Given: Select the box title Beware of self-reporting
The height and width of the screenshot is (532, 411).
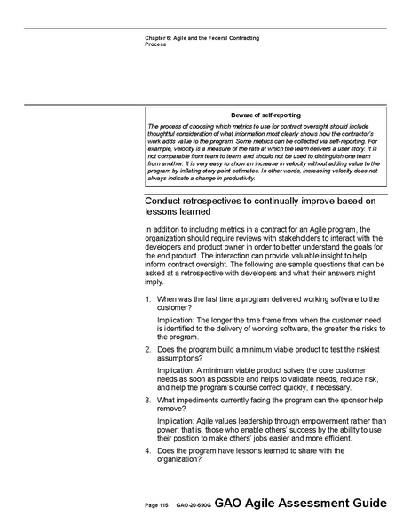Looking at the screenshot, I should tap(265, 115).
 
